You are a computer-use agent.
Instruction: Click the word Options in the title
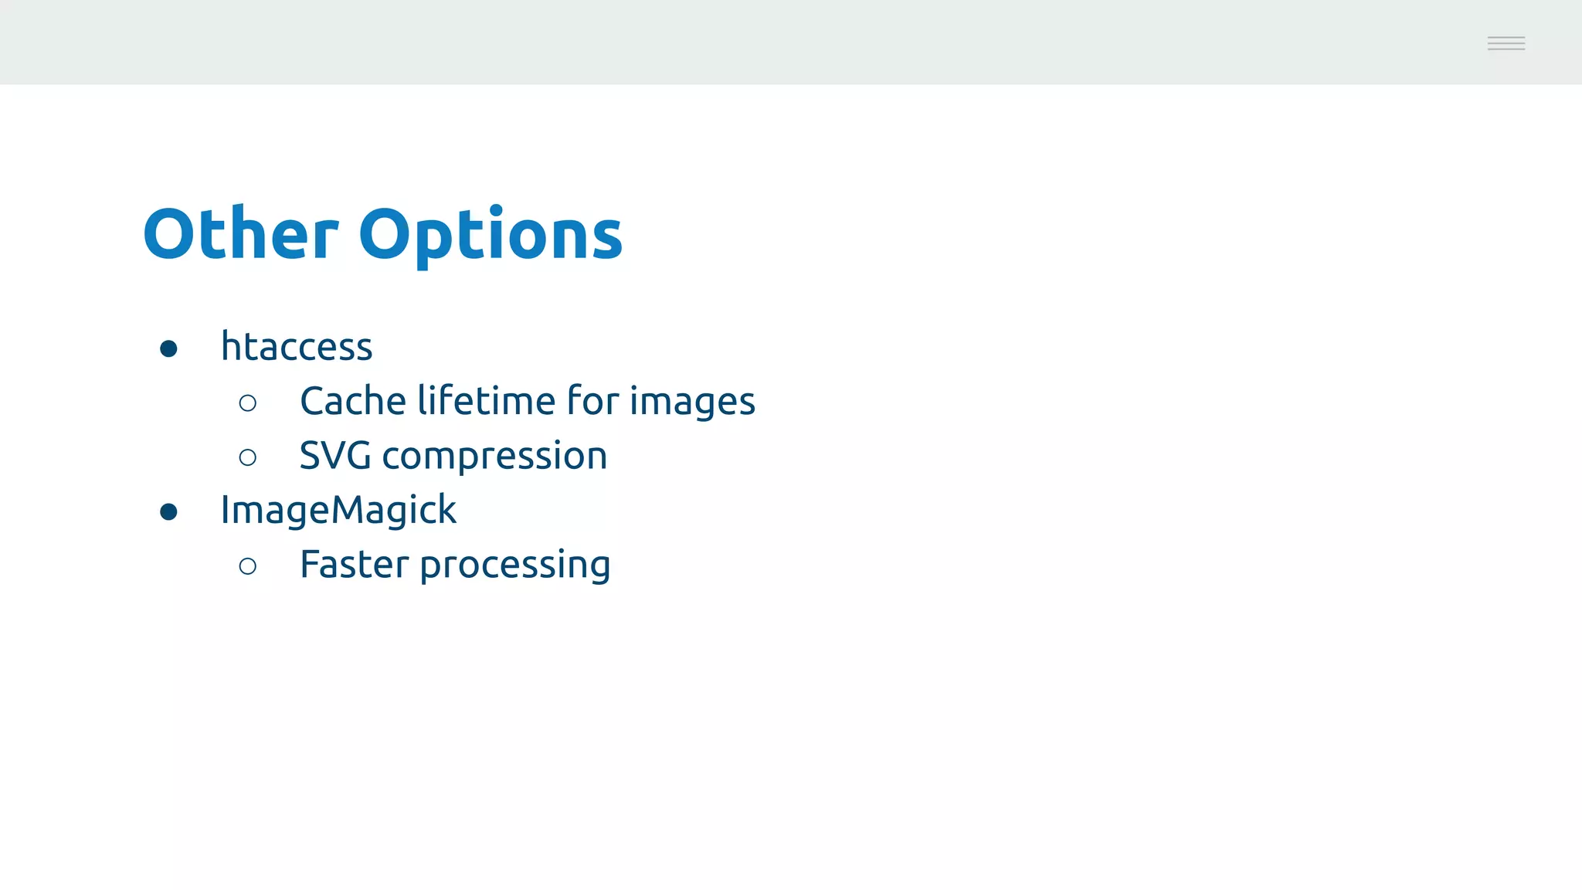[x=491, y=235]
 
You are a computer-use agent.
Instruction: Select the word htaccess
[x=297, y=346]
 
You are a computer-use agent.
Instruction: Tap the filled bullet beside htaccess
[x=168, y=348]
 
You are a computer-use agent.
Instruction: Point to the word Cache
[x=352, y=401]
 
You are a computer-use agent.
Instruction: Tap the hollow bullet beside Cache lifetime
[x=248, y=403]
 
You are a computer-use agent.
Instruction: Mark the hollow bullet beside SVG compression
[x=248, y=457]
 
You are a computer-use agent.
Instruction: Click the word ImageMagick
[x=338, y=511]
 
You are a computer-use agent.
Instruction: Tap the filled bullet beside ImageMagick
[x=168, y=511]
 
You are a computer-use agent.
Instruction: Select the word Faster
[x=354, y=565]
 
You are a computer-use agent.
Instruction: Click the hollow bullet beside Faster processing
[x=248, y=566]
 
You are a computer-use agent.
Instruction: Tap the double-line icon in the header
[x=1506, y=43]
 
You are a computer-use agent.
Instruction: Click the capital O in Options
[x=386, y=233]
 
